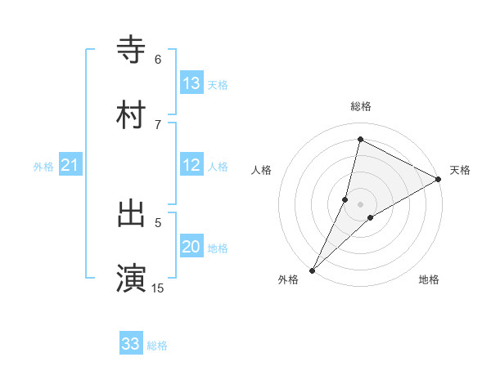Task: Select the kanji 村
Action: pos(131,114)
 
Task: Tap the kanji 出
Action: pos(131,213)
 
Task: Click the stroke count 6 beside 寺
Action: pos(158,59)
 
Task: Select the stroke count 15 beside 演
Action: pos(158,288)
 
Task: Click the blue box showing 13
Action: pos(191,83)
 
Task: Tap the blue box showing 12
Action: pos(191,165)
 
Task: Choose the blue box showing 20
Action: pos(191,247)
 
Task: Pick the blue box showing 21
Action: pos(70,165)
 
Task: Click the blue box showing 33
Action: pos(131,344)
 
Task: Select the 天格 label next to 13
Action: pos(218,84)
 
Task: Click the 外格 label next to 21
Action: pos(43,166)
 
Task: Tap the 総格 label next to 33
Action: pos(157,345)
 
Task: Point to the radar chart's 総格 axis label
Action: pos(360,106)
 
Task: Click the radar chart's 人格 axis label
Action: pos(261,170)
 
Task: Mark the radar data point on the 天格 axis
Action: pos(438,179)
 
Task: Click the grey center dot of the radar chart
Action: pos(360,203)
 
